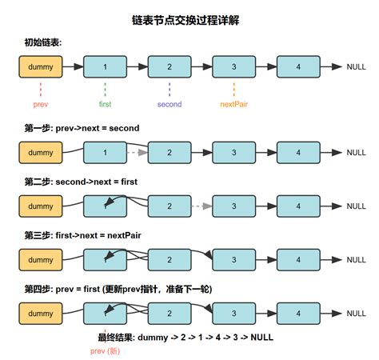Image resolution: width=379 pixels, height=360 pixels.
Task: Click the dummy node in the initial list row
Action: click(x=40, y=67)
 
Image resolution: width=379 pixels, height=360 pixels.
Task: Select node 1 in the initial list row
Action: click(x=105, y=67)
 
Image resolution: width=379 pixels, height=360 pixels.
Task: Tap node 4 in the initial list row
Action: click(x=298, y=67)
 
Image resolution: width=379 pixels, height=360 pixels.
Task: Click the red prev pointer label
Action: click(x=40, y=104)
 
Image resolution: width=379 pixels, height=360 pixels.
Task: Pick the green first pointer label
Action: click(x=105, y=104)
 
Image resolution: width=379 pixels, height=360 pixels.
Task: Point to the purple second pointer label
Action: click(x=170, y=104)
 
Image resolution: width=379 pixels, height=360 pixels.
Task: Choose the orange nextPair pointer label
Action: click(x=233, y=104)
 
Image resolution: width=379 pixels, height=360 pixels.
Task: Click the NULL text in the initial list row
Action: click(x=356, y=67)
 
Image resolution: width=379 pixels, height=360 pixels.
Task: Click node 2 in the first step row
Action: click(x=170, y=152)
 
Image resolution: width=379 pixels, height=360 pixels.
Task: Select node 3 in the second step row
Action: click(x=233, y=206)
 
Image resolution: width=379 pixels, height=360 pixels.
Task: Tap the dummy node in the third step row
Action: click(x=40, y=259)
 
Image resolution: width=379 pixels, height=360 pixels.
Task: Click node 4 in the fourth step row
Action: click(x=298, y=312)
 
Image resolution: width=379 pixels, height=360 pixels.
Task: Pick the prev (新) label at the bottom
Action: click(x=105, y=350)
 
